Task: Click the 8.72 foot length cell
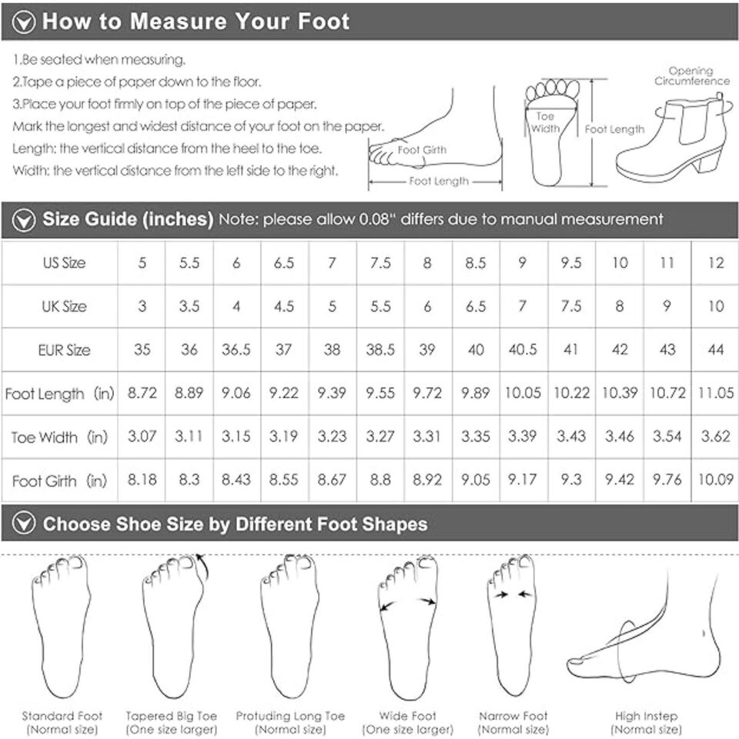pos(142,393)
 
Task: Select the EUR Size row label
pos(64,349)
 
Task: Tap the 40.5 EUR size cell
pos(523,349)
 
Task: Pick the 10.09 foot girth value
pos(715,480)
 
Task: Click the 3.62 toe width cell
pos(715,436)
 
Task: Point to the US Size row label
pos(64,262)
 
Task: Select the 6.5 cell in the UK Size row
pos(476,306)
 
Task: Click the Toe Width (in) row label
pos(59,437)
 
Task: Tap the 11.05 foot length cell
pos(715,393)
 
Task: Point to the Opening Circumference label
pos(692,76)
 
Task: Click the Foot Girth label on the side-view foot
pos(422,150)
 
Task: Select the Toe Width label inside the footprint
pos(545,122)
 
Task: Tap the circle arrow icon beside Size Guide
pos(24,220)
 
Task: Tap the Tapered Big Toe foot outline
pos(173,626)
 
